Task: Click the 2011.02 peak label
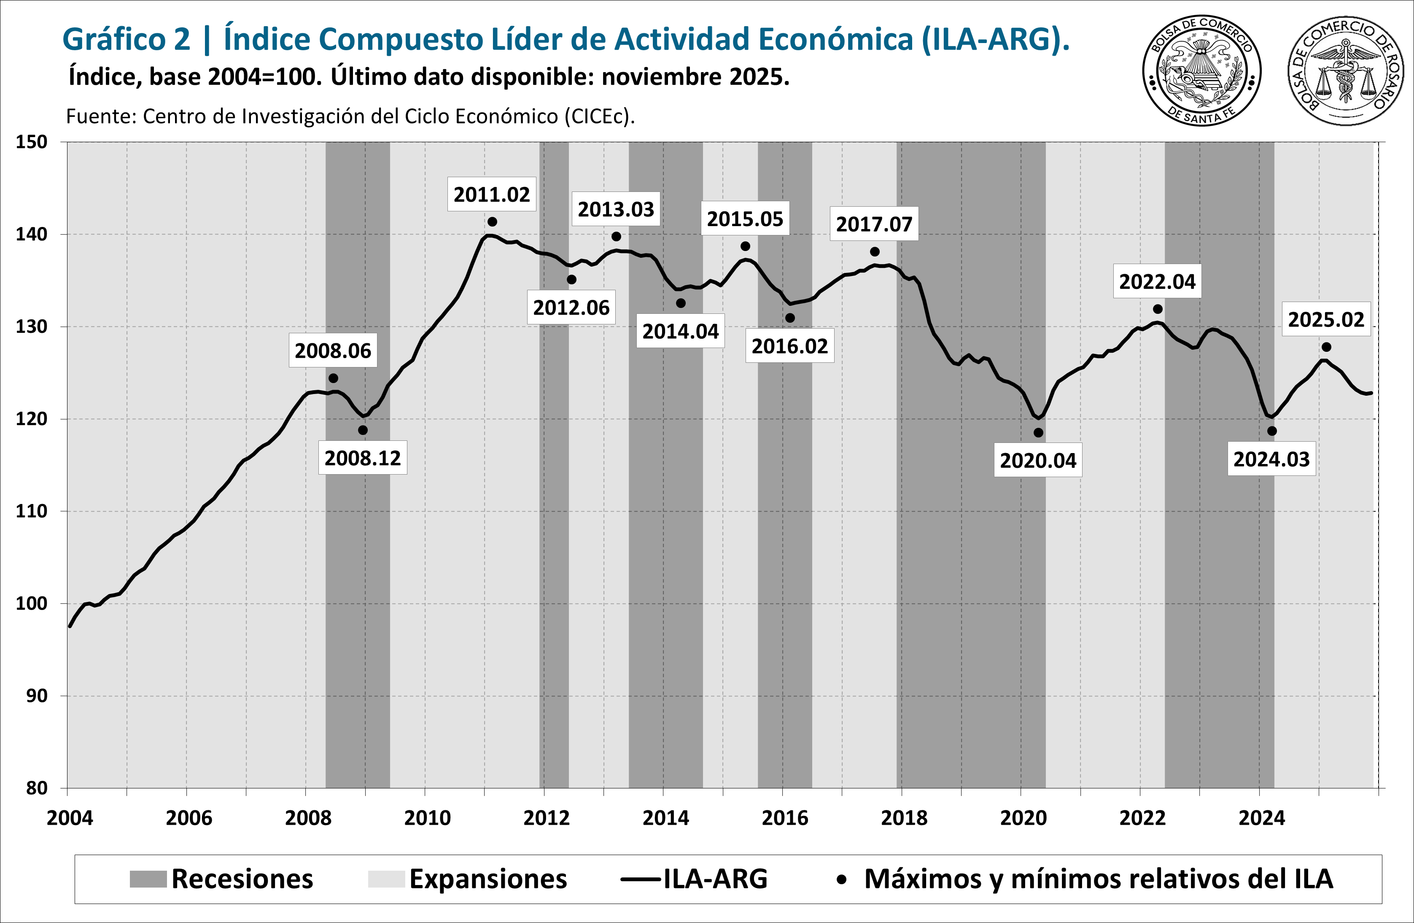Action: [x=491, y=194]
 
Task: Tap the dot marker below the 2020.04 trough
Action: [x=1038, y=433]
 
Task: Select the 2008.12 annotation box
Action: [x=362, y=458]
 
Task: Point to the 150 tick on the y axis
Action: [x=31, y=142]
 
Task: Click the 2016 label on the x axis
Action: [x=785, y=818]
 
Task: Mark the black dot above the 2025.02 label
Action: [x=1326, y=347]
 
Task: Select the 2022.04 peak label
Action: [x=1157, y=281]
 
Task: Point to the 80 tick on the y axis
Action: [x=37, y=788]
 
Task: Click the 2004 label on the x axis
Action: [x=70, y=818]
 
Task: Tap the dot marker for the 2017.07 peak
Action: [x=875, y=252]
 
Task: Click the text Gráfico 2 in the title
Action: [x=126, y=39]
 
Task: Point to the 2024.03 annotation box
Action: [x=1271, y=459]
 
